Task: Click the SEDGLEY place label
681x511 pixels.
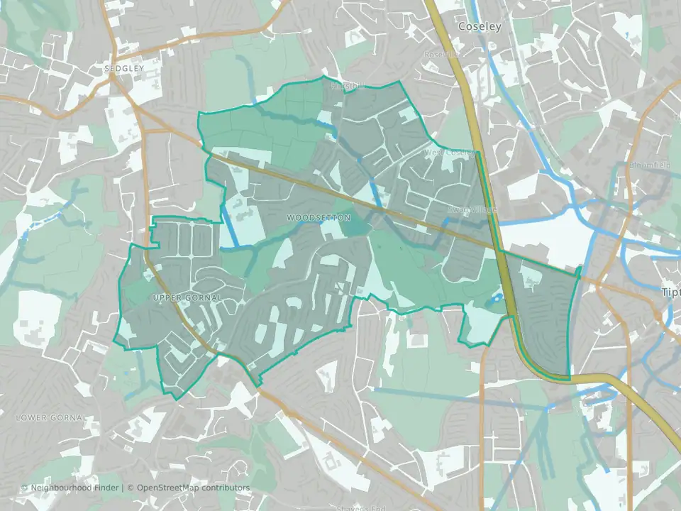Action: (x=123, y=69)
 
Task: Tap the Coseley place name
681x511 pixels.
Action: (x=480, y=27)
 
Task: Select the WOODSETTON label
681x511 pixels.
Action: (x=319, y=218)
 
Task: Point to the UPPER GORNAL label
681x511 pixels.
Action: (x=187, y=297)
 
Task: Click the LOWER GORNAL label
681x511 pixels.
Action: (x=51, y=418)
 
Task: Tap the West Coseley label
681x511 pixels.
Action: (x=449, y=153)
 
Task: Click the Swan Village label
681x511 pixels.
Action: (x=472, y=210)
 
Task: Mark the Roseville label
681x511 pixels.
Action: (x=442, y=54)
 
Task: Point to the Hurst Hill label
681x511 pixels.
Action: (x=347, y=87)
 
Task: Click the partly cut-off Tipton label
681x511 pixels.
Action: (x=670, y=292)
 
